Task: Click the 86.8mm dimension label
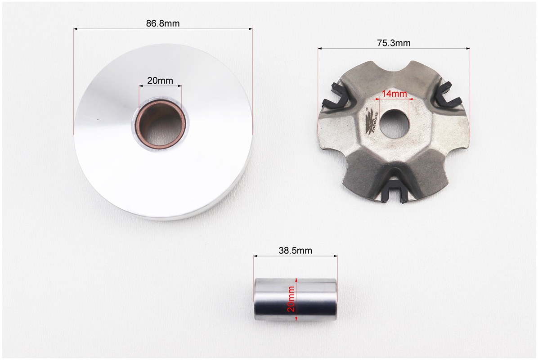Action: pyautogui.click(x=163, y=23)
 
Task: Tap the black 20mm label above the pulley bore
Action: pyautogui.click(x=160, y=81)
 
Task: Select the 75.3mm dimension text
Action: pyautogui.click(x=394, y=43)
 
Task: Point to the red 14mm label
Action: pyautogui.click(x=394, y=93)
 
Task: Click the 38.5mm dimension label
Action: pyautogui.click(x=296, y=251)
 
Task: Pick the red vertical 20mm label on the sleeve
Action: pyautogui.click(x=291, y=298)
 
